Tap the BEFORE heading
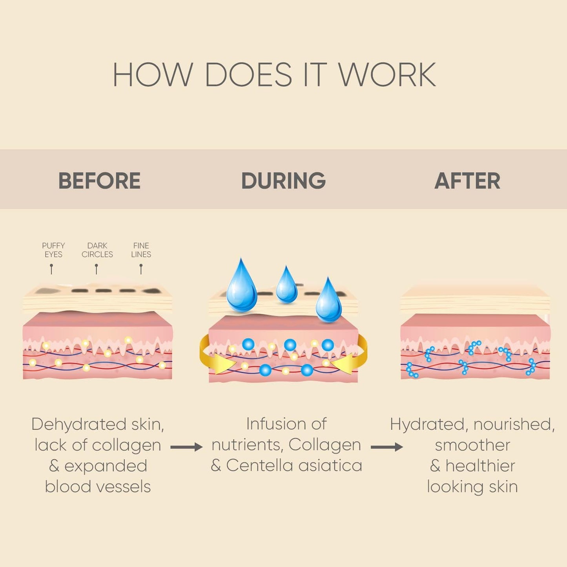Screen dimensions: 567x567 coord(99,181)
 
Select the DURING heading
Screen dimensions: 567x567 coord(283,181)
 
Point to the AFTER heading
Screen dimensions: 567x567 coord(467,181)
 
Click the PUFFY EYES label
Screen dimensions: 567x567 coord(53,250)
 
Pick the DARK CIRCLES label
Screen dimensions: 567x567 coord(97,250)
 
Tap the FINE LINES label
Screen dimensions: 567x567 coord(141,250)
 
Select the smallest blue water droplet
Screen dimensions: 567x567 coord(287,286)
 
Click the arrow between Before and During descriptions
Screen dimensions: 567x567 coord(186,447)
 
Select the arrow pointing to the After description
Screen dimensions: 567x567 coord(387,447)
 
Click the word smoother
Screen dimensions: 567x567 coord(472,445)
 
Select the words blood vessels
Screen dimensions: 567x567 coord(98,487)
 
